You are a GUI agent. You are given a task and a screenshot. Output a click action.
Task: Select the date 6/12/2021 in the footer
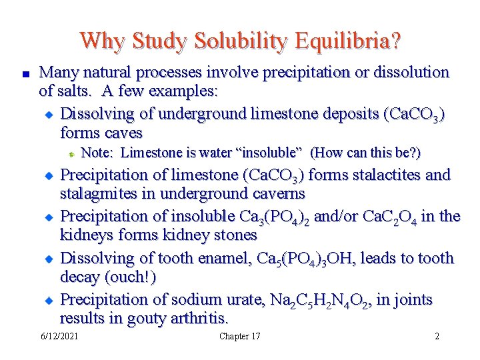point(59,336)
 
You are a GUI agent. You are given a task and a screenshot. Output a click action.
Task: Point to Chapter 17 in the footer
point(239,336)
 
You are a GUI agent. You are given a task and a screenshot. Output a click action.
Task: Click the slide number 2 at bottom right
point(437,336)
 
